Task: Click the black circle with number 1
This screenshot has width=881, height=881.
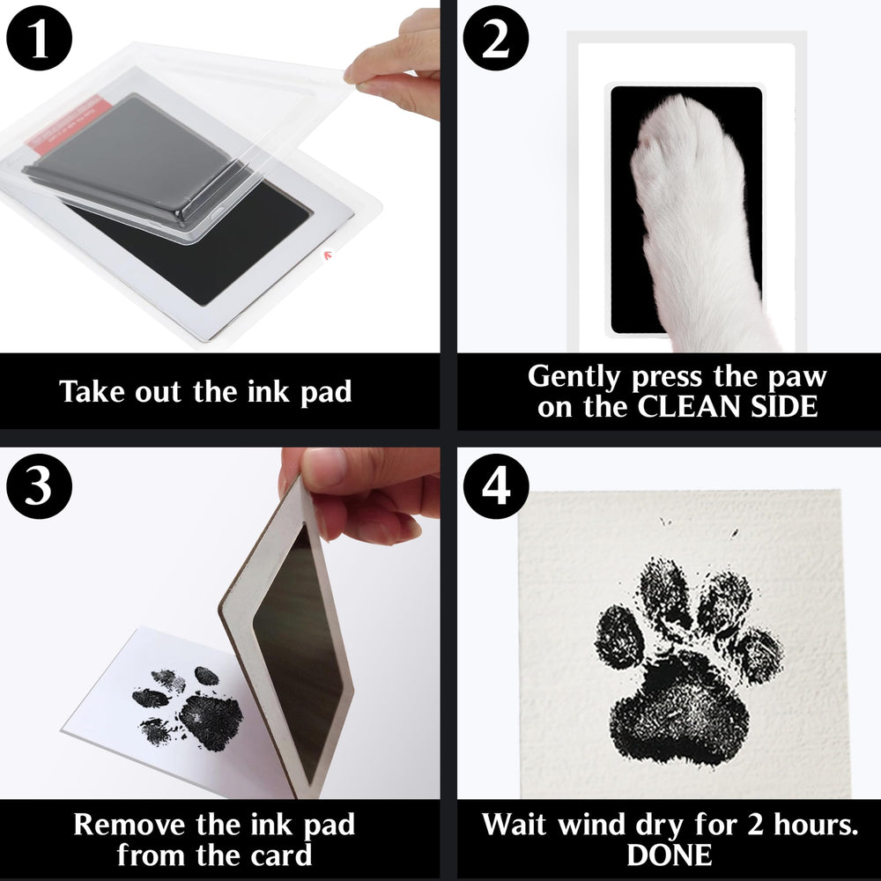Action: [x=39, y=38]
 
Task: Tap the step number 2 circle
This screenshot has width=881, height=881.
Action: [x=495, y=38]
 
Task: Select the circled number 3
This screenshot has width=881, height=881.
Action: [x=39, y=486]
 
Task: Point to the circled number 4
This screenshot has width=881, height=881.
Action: [x=495, y=486]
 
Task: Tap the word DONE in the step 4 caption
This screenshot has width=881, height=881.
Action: [x=670, y=855]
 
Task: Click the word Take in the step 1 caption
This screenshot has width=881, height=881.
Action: [x=92, y=391]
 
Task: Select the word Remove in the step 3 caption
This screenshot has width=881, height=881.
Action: [x=130, y=825]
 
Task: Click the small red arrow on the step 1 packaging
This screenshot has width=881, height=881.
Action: [x=328, y=255]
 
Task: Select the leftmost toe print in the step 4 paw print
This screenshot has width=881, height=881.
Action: [x=618, y=637]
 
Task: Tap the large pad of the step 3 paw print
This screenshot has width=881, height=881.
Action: [x=211, y=722]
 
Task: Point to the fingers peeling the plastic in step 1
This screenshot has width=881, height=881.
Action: [x=392, y=68]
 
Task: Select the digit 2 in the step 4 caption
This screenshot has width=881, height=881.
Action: [x=756, y=825]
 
